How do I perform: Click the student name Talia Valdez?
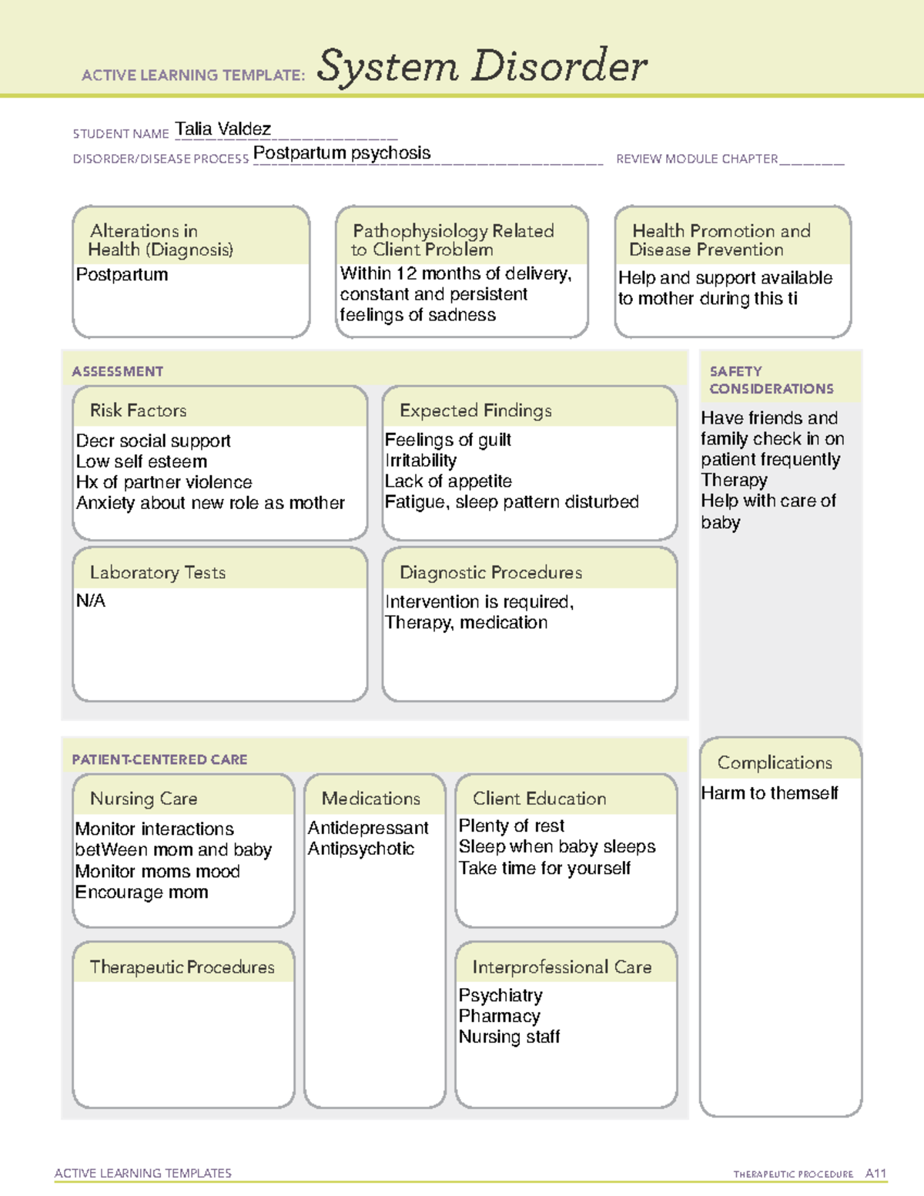(223, 129)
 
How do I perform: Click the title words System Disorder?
(482, 66)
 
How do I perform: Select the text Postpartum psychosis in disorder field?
(342, 152)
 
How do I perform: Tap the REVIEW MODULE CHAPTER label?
(696, 159)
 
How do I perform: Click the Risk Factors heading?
(138, 410)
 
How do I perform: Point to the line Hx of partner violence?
(164, 482)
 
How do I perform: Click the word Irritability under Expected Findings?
(421, 461)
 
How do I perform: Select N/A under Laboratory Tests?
(91, 601)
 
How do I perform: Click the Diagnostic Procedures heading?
(490, 573)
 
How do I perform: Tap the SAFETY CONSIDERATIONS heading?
(771, 380)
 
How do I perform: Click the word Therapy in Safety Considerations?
(734, 480)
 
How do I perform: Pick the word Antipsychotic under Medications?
(361, 849)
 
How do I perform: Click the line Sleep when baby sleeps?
(557, 846)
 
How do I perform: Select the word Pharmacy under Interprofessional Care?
(499, 1016)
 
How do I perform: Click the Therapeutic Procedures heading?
(182, 967)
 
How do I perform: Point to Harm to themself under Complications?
(769, 793)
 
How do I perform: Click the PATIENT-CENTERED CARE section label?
(159, 759)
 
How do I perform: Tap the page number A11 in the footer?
(875, 1174)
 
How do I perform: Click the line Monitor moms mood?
(157, 871)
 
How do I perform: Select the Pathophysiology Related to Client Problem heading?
(453, 240)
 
